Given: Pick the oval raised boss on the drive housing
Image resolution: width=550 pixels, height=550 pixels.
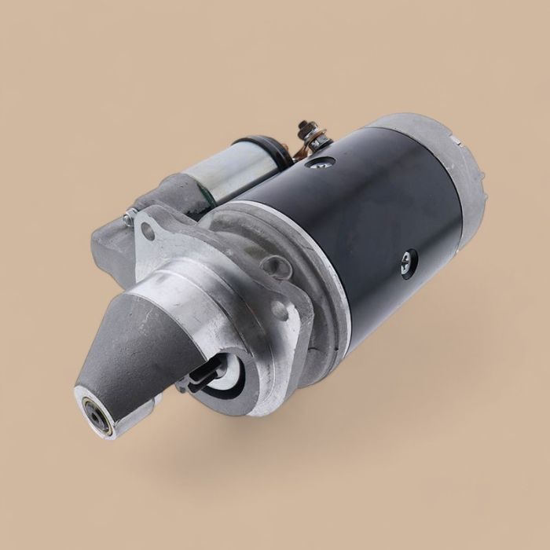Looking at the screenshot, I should coord(276,268).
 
